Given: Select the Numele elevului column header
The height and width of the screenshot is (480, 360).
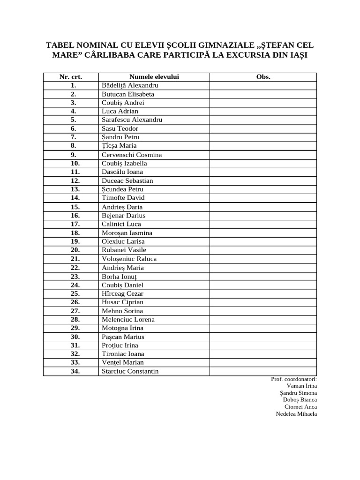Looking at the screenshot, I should [x=154, y=77].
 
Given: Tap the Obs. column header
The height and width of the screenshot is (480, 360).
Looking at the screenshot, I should [x=263, y=77].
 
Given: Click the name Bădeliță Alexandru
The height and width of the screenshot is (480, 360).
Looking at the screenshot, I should [x=130, y=85].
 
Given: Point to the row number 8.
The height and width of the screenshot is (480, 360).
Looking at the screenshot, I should [x=74, y=146].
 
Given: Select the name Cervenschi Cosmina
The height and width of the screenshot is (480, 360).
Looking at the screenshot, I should [x=132, y=155].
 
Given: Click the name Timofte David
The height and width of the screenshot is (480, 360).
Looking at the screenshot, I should [x=123, y=198].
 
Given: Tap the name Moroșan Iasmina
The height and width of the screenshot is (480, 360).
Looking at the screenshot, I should [x=127, y=233].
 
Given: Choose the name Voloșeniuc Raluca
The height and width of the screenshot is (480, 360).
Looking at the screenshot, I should [x=129, y=259].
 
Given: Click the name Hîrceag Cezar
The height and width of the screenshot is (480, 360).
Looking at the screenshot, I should [x=123, y=293].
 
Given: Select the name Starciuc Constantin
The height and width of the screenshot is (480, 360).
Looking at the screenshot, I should [x=130, y=371].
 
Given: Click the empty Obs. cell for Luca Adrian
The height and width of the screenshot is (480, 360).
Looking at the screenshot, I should [x=263, y=111].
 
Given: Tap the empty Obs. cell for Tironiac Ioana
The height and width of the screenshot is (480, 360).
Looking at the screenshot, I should [x=263, y=354].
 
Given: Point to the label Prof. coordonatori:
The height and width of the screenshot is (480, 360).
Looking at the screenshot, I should [x=294, y=379].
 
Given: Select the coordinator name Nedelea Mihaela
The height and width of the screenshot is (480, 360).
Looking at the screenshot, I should [x=296, y=414].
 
